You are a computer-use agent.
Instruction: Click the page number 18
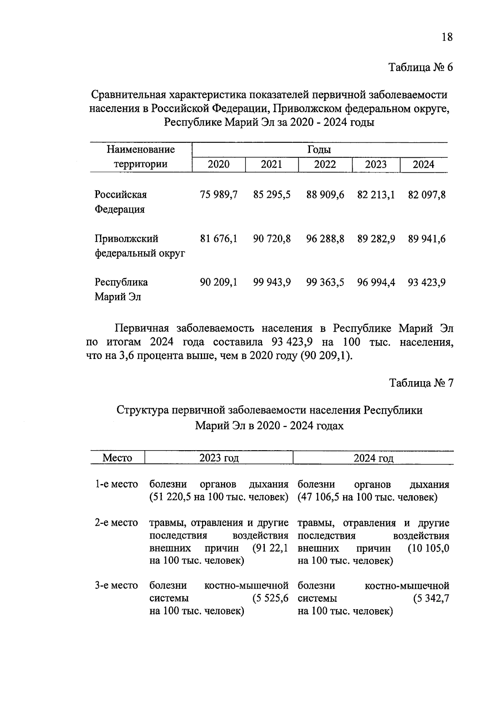447,37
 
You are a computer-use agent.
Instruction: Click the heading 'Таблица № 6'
421,67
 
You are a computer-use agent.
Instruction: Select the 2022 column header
325,164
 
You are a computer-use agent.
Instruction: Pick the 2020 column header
218,164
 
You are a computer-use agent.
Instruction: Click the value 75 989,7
218,195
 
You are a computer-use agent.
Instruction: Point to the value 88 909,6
325,195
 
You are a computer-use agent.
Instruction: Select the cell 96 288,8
325,239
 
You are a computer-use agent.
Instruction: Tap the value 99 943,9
272,282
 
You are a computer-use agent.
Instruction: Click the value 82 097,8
426,195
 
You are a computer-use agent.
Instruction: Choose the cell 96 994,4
376,282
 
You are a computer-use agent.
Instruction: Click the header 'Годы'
319,150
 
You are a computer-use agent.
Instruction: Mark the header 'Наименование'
141,149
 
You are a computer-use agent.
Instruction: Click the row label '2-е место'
116,523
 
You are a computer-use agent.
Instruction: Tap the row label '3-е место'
116,586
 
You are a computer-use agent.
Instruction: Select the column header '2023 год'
219,458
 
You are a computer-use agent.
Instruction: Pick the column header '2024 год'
373,458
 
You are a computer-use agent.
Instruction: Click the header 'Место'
117,458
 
